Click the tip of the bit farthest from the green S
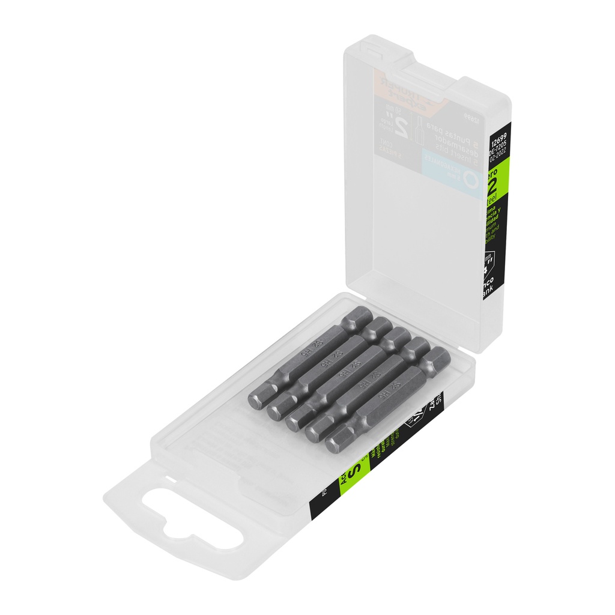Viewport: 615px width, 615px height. (256, 401)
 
